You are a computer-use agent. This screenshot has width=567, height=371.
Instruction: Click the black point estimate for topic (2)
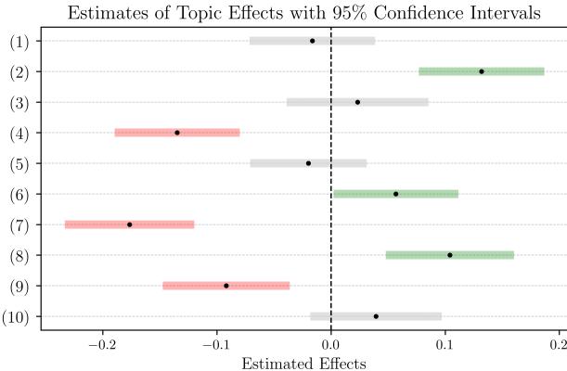[x=481, y=71]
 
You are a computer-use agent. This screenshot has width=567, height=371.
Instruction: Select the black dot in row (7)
[x=129, y=224]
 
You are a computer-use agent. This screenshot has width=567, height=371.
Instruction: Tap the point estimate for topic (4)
[x=177, y=133]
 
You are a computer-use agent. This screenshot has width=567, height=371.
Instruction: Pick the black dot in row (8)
[x=450, y=255]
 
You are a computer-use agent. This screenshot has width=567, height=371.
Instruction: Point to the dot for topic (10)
[x=376, y=316]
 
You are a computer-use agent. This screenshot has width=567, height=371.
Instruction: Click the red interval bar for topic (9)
[x=226, y=286]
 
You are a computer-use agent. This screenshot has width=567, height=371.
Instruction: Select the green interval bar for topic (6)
[x=396, y=194]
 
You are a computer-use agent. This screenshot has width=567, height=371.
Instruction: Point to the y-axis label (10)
[x=18, y=316]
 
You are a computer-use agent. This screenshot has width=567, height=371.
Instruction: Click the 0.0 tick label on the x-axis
[x=331, y=344]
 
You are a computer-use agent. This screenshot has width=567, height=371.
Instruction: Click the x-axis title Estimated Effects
[x=299, y=363]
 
